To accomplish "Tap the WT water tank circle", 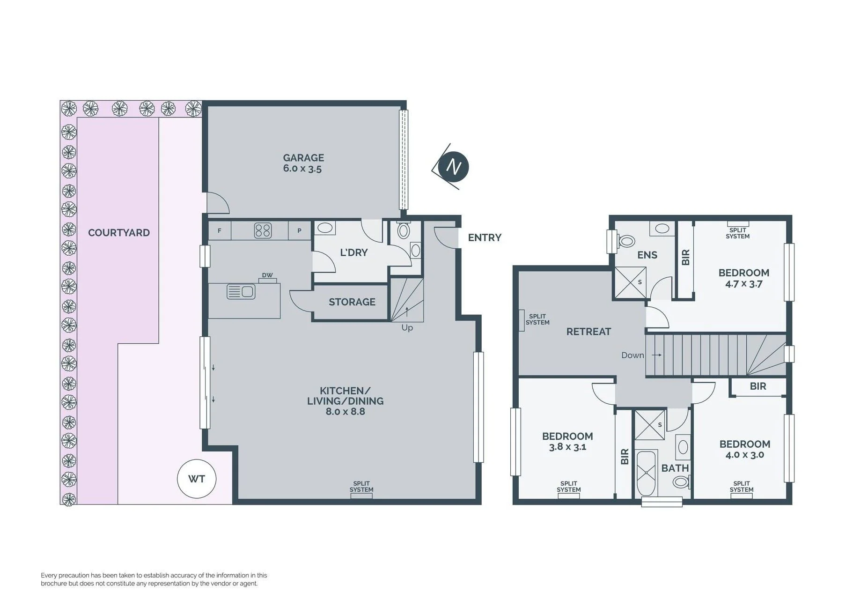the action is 197,479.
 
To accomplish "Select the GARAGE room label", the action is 303,158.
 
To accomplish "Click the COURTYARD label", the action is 119,233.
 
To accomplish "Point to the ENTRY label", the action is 485,237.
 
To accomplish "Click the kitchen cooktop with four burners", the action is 263,230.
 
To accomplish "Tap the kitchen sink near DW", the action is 241,291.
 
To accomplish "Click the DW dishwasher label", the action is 267,275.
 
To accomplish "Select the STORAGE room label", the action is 352,302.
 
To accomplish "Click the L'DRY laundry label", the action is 354,252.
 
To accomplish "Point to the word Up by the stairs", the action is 407,328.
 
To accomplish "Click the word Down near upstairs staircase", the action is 633,355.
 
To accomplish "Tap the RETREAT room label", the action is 588,332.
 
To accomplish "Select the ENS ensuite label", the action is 647,255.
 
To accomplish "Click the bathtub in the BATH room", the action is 646,474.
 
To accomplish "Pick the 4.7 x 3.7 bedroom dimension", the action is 743,284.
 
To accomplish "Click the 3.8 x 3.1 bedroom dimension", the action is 567,447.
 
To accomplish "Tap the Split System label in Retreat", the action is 537,319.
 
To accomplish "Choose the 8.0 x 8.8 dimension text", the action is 346,412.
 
